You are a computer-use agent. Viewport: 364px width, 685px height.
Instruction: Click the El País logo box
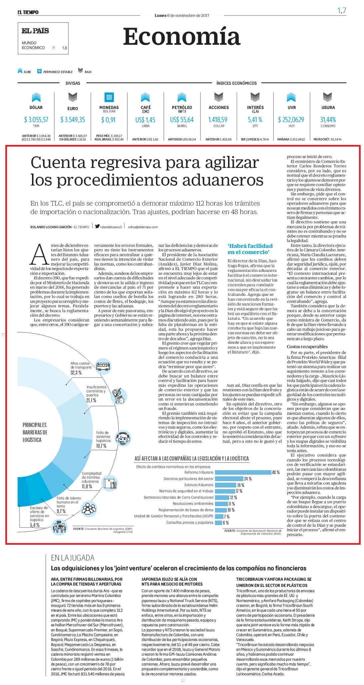click(x=43, y=38)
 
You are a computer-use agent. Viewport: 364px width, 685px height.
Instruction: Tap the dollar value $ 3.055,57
click(x=36, y=120)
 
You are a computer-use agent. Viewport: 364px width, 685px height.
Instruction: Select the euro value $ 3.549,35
click(x=73, y=120)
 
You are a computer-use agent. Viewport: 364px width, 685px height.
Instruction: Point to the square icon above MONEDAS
click(x=109, y=97)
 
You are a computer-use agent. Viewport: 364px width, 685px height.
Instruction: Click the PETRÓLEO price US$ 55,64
click(x=182, y=120)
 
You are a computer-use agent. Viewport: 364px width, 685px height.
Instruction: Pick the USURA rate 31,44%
click(x=328, y=120)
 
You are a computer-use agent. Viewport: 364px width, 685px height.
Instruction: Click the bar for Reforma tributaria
click(x=243, y=472)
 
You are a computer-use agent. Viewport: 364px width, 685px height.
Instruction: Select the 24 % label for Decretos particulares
click(x=248, y=479)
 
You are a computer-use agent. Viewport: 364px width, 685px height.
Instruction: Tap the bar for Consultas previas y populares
click(x=218, y=523)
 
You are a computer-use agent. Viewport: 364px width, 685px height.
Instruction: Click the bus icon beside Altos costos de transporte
click(x=103, y=366)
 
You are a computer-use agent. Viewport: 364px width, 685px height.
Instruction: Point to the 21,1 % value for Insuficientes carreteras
click(x=91, y=400)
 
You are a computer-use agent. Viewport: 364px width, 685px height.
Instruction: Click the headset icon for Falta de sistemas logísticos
click(x=123, y=438)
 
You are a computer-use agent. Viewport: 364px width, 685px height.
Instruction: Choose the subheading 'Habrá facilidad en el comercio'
click(x=250, y=249)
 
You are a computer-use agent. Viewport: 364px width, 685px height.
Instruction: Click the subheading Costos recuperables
click(x=307, y=346)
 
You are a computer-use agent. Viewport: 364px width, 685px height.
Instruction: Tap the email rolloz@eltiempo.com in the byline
click(x=143, y=227)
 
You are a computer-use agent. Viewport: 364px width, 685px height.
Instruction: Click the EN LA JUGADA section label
click(x=73, y=558)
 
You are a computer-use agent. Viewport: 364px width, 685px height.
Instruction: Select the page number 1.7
click(x=342, y=11)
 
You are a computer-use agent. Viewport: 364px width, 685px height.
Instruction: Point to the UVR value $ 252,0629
click(x=291, y=120)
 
